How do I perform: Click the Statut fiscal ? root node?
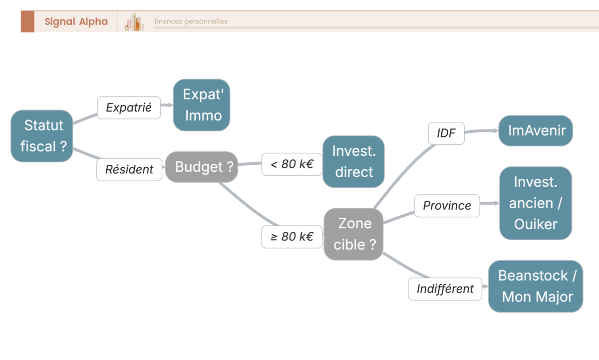coord(42,136)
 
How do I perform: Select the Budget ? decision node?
coord(202,167)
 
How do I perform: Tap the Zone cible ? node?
coord(354,234)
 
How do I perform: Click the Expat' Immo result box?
coord(202,105)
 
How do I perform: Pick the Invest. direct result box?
coord(353,161)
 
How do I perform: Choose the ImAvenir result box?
coord(536,131)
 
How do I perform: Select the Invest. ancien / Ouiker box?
coord(536,203)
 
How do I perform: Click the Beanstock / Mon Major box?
coord(536,286)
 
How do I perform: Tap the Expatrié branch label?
coord(129,107)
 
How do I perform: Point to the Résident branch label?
coord(129,170)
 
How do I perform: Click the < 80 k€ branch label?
coord(292,164)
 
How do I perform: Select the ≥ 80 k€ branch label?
coord(292,237)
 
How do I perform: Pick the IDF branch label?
coord(446,133)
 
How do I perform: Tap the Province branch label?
coord(447,206)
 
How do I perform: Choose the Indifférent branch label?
coord(445,289)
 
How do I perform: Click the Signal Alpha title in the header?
coord(76,21)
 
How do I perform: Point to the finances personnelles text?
coord(191,21)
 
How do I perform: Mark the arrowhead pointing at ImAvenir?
coord(495,131)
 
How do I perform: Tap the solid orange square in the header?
coord(27,21)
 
